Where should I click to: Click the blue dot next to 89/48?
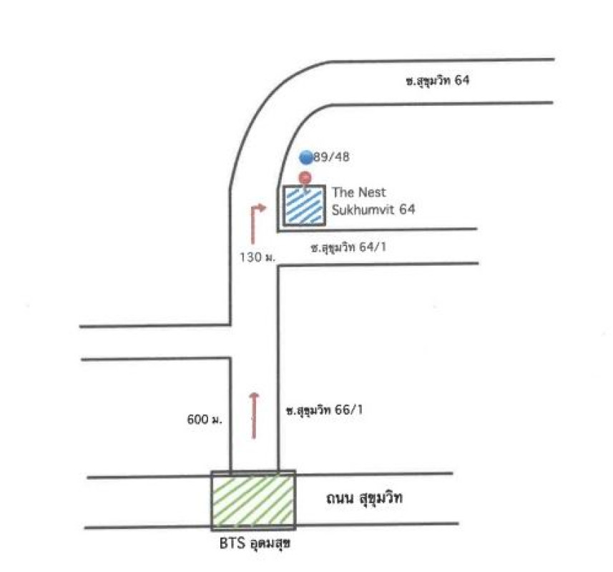[306, 157]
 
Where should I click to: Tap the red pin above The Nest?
[305, 178]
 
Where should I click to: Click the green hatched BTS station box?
[252, 500]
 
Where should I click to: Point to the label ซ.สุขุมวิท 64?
[437, 81]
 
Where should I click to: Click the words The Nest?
[358, 192]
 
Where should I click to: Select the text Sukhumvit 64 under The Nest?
[373, 209]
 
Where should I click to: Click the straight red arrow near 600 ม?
[254, 415]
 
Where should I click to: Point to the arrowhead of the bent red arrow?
[263, 208]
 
